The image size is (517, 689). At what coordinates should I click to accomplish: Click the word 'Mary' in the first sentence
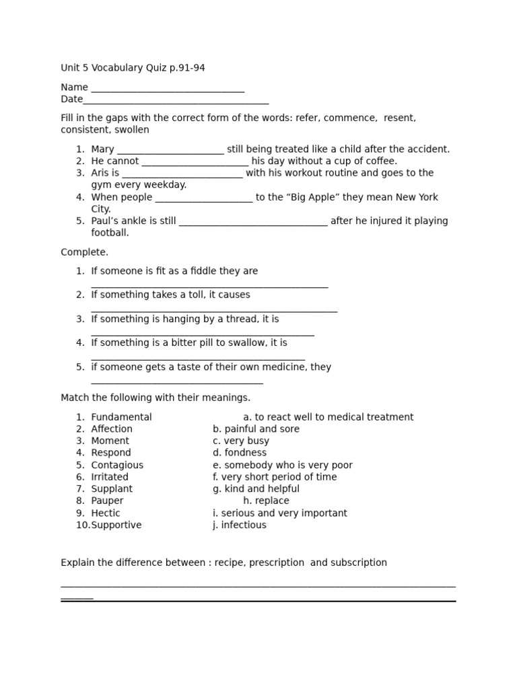tap(103, 149)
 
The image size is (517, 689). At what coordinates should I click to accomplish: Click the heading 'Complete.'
tap(84, 252)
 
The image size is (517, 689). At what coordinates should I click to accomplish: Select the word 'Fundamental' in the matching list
tap(121, 417)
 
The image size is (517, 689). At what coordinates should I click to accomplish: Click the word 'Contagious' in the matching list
tap(117, 465)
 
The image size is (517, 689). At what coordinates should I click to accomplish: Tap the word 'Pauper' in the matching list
tap(107, 501)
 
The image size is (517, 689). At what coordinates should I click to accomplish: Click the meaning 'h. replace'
tap(266, 501)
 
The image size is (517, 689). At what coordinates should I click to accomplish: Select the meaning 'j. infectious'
tap(240, 525)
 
